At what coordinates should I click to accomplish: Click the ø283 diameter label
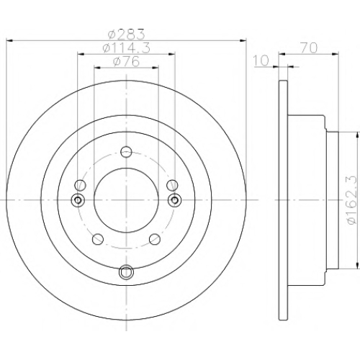(x=127, y=34)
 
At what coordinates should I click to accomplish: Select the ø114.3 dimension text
(x=127, y=48)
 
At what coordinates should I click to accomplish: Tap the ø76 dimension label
(x=126, y=61)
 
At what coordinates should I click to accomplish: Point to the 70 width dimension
(x=309, y=48)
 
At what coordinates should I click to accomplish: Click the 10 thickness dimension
(x=261, y=60)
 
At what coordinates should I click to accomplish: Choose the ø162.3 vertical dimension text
(x=353, y=199)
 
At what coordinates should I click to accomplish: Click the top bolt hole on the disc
(x=126, y=152)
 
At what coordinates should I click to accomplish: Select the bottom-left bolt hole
(x=98, y=239)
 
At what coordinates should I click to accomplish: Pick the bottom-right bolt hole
(x=155, y=239)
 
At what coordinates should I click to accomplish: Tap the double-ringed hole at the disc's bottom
(x=126, y=272)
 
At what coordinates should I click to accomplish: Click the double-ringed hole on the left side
(x=78, y=199)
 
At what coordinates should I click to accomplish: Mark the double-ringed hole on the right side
(x=175, y=199)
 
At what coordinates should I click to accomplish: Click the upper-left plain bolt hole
(x=80, y=185)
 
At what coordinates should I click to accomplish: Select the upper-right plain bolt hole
(x=172, y=185)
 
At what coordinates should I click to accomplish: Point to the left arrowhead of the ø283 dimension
(x=9, y=40)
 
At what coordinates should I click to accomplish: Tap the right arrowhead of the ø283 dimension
(x=243, y=40)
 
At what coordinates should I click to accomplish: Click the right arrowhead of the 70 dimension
(x=336, y=55)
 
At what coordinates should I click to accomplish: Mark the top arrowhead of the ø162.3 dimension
(x=356, y=135)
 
